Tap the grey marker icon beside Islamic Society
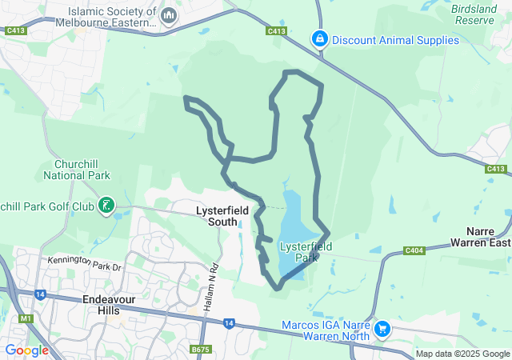point(169,15)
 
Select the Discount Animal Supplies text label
point(395,39)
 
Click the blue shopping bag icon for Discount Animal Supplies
point(320,38)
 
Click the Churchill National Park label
point(77,169)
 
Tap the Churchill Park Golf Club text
point(47,206)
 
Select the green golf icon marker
point(106,206)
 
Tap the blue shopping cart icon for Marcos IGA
point(382,328)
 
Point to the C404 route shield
point(414,250)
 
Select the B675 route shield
point(200,349)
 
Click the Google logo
point(26,350)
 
